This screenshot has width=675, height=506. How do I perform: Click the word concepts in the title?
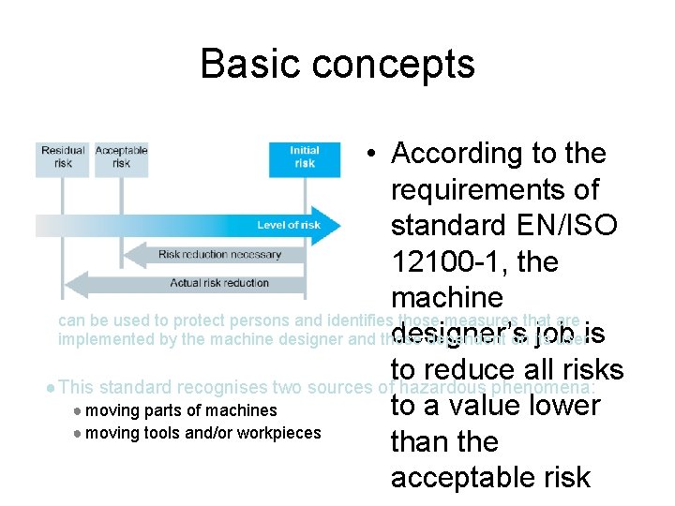(394, 65)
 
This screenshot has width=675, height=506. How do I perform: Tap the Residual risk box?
(62, 157)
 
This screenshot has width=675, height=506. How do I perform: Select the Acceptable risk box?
(121, 157)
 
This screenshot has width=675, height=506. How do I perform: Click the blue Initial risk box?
(304, 157)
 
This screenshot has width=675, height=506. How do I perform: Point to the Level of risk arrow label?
(288, 225)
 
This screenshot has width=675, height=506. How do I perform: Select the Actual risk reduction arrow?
(219, 283)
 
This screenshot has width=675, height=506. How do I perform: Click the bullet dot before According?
(373, 155)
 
